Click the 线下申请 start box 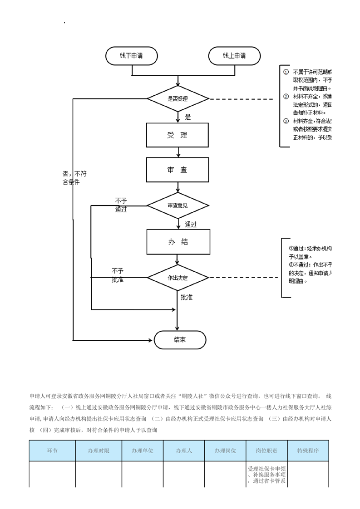point(132,56)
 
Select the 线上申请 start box point(234,56)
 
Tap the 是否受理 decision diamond point(178,98)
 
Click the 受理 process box point(177,135)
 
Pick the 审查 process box point(177,170)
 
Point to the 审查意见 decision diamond point(178,206)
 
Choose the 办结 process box point(178,242)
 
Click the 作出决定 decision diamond point(178,277)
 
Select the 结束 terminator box point(180,340)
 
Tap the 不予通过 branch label point(121,205)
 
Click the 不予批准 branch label point(118,275)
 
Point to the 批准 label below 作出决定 point(187,298)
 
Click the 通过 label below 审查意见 point(191,224)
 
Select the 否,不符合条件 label point(74,177)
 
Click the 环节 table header point(52,451)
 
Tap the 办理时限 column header point(99,451)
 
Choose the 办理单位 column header point(143,451)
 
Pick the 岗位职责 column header point(267,451)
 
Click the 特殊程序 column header point(308,451)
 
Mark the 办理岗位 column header point(225,451)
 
